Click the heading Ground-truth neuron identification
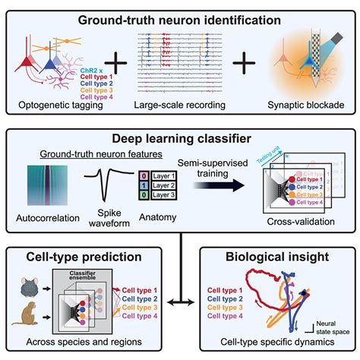coord(179,17)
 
